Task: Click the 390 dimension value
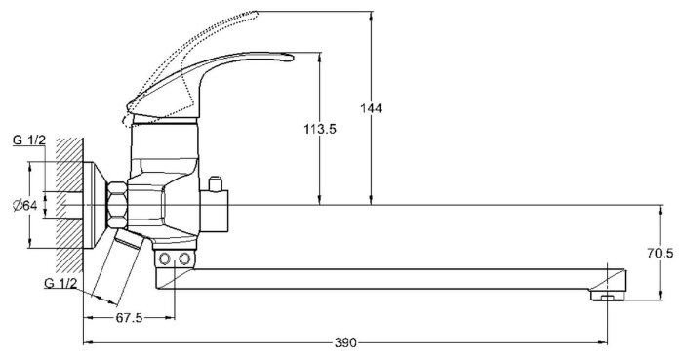tap(345, 343)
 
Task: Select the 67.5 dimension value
tap(129, 318)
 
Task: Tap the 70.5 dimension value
tap(660, 253)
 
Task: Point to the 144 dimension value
tap(371, 108)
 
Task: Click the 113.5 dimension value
tap(320, 129)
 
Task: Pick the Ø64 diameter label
tap(24, 205)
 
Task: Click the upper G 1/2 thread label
tap(29, 140)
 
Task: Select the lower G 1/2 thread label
tap(60, 283)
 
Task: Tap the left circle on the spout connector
tap(165, 260)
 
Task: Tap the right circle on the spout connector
tap(185, 260)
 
